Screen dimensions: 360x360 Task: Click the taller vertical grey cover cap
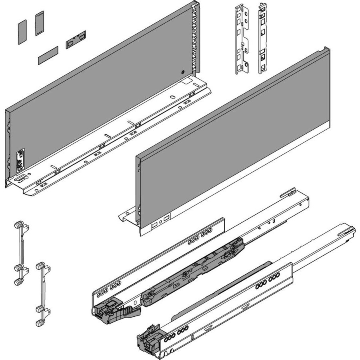click(40, 24)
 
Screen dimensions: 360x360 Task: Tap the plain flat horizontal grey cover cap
click(48, 55)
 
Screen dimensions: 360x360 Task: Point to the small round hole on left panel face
click(182, 72)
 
